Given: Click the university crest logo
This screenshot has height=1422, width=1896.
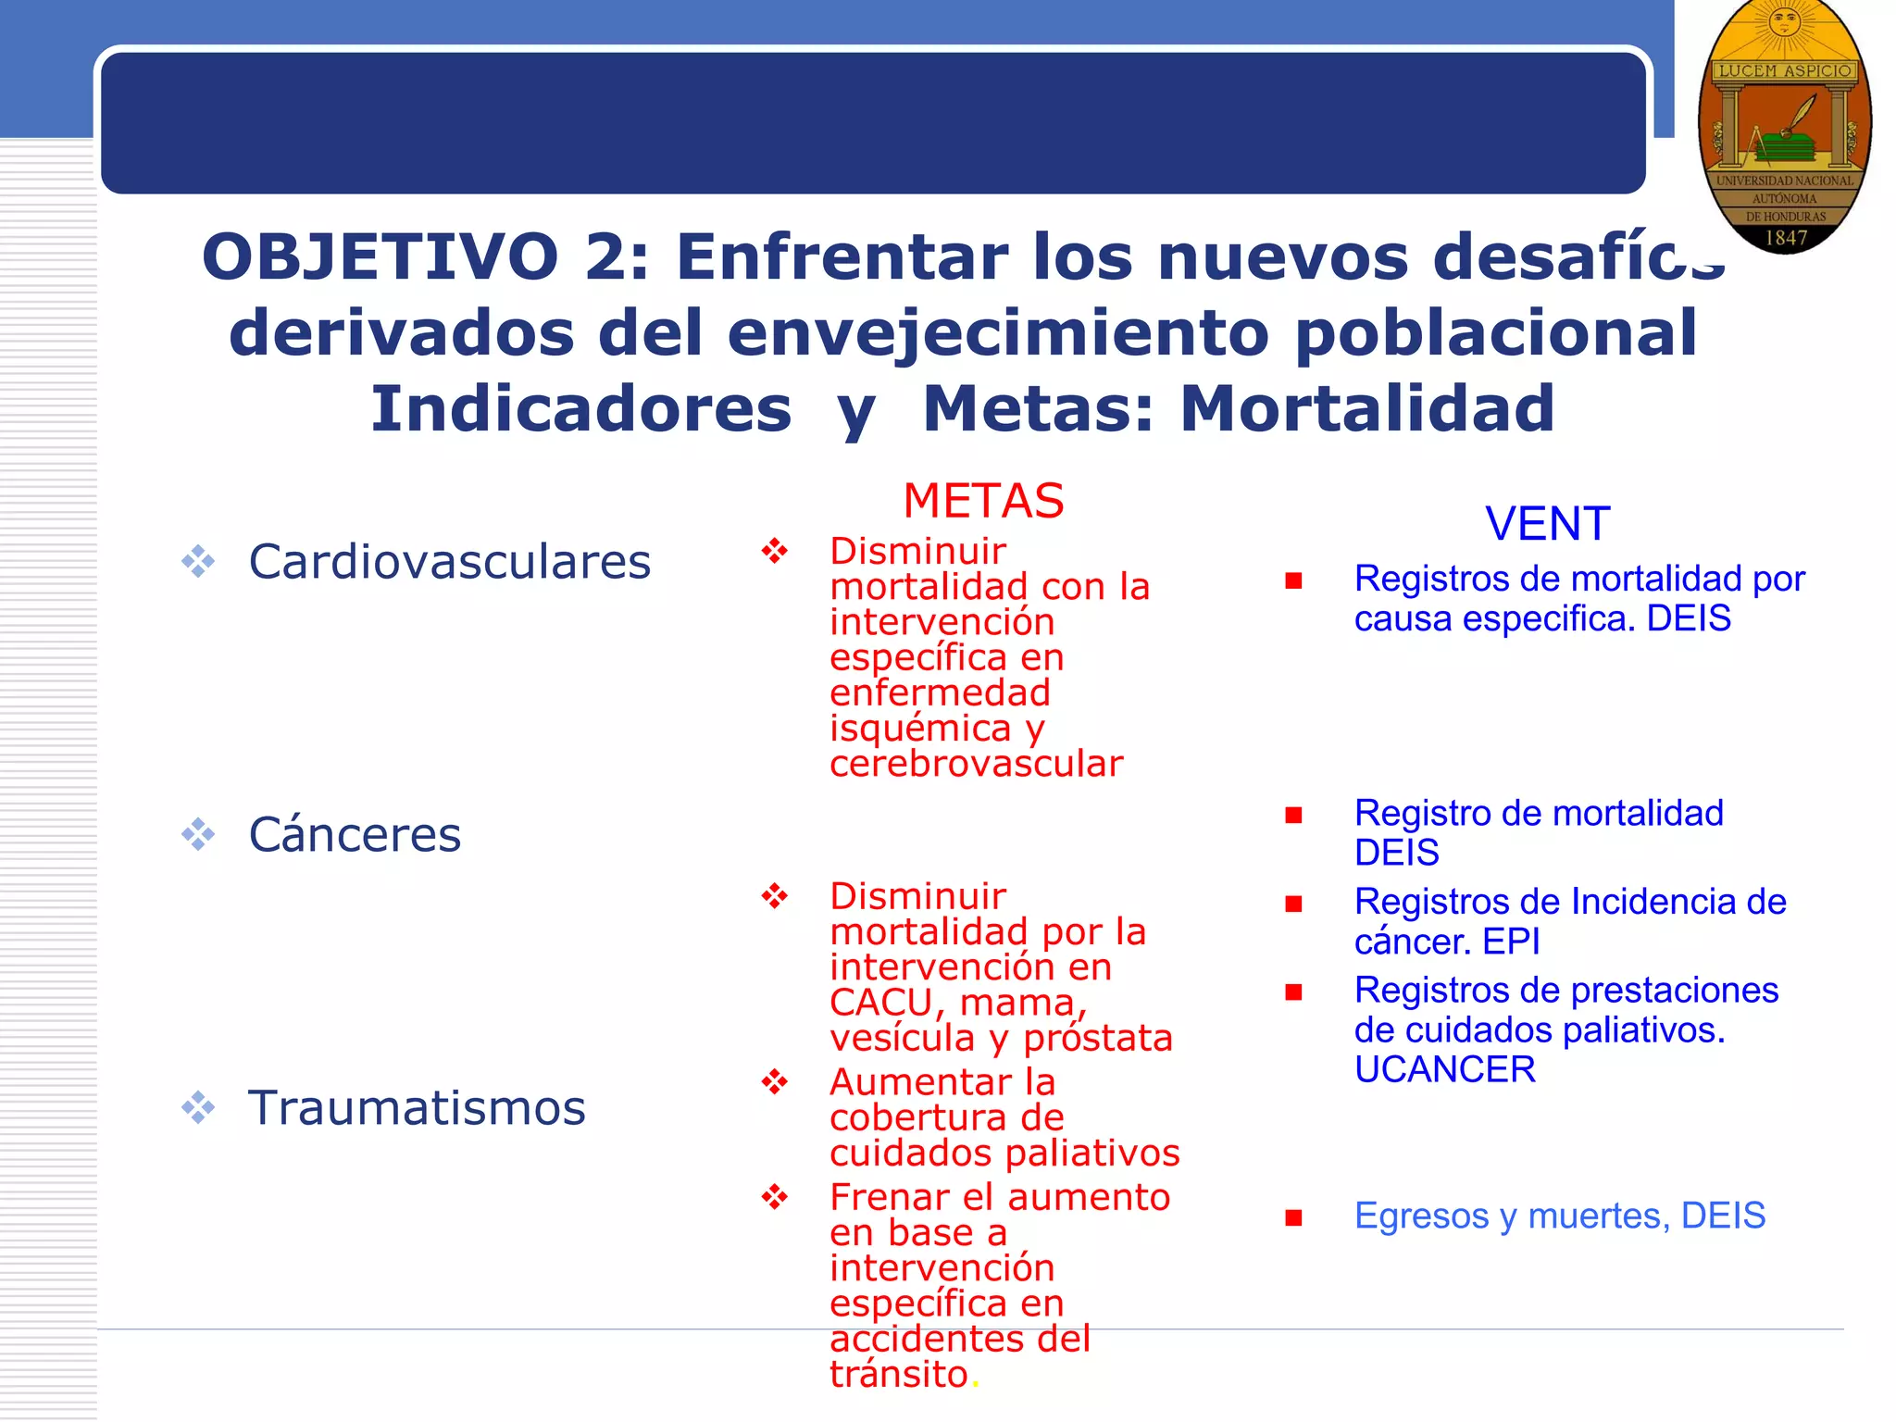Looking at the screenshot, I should click(1784, 125).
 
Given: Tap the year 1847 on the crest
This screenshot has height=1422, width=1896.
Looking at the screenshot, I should click(1786, 238).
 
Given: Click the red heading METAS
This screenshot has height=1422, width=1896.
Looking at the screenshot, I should click(983, 501).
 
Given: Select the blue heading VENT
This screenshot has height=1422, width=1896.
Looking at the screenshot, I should click(1548, 524).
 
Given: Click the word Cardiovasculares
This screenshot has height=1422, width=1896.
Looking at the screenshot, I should click(450, 562).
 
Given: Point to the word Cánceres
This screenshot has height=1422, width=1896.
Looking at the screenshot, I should click(355, 835).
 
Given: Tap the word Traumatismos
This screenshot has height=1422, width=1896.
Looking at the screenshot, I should click(417, 1107).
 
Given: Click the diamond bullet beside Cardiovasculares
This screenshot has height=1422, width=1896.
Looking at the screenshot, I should click(198, 562).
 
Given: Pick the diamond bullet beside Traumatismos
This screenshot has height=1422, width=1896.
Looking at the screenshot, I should click(198, 1107).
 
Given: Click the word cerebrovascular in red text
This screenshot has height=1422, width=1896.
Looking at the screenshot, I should click(976, 765).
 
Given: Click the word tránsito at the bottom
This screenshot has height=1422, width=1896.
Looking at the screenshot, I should click(898, 1375).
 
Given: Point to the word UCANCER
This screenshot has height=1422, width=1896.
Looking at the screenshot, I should click(1444, 1070).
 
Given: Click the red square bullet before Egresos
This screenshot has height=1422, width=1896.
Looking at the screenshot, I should click(1293, 1217).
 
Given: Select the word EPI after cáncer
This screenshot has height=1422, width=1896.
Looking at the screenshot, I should click(1511, 942).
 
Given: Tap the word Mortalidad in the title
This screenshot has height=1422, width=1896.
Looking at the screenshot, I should click(1367, 409).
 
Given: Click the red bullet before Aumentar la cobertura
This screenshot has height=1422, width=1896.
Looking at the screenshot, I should click(774, 1081).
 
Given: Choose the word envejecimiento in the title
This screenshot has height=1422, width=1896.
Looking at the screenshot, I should click(998, 333).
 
